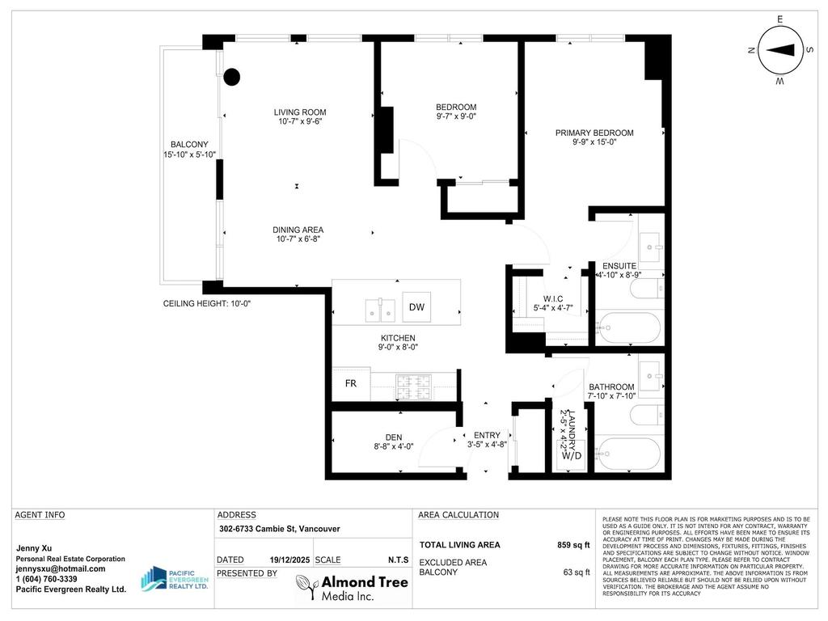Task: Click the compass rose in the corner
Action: coord(779,50)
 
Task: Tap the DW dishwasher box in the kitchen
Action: coord(416,307)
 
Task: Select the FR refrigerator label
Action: coord(351,384)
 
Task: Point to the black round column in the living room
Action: coord(232,78)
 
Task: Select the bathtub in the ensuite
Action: coord(629,327)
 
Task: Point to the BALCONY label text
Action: coord(189,145)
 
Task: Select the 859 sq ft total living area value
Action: coord(574,545)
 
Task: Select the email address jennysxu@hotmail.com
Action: coord(61,568)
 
